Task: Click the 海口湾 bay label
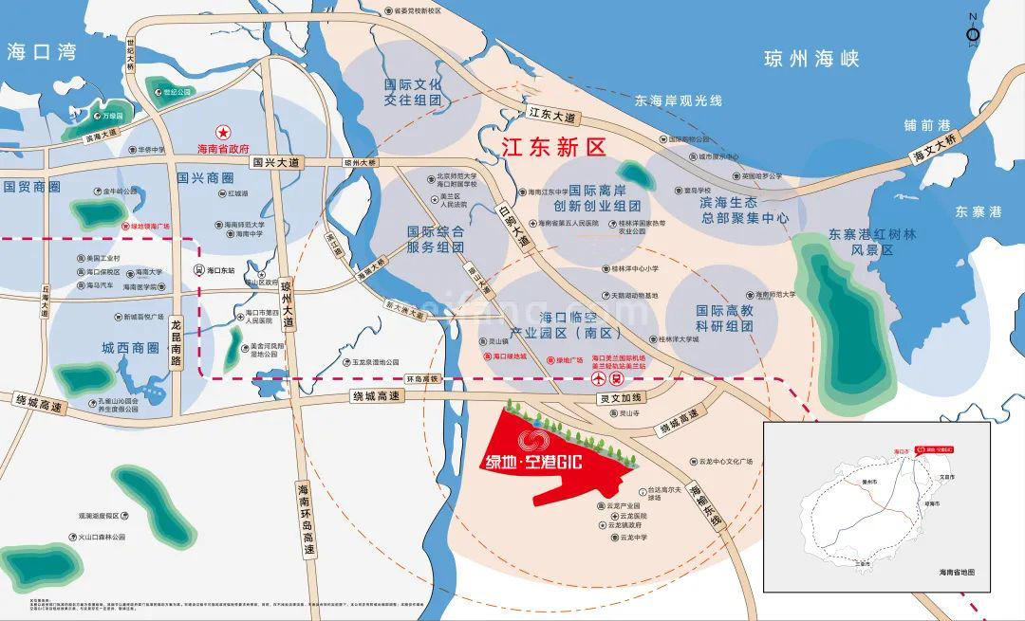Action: pyautogui.click(x=41, y=52)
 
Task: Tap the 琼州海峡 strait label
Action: pyautogui.click(x=811, y=60)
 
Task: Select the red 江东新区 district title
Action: pyautogui.click(x=553, y=147)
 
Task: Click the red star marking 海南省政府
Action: pyautogui.click(x=223, y=131)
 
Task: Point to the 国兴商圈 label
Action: pyautogui.click(x=205, y=177)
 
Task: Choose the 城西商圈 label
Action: pyautogui.click(x=129, y=348)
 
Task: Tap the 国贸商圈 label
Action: pyautogui.click(x=32, y=187)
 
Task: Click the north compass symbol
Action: pyautogui.click(x=973, y=34)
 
